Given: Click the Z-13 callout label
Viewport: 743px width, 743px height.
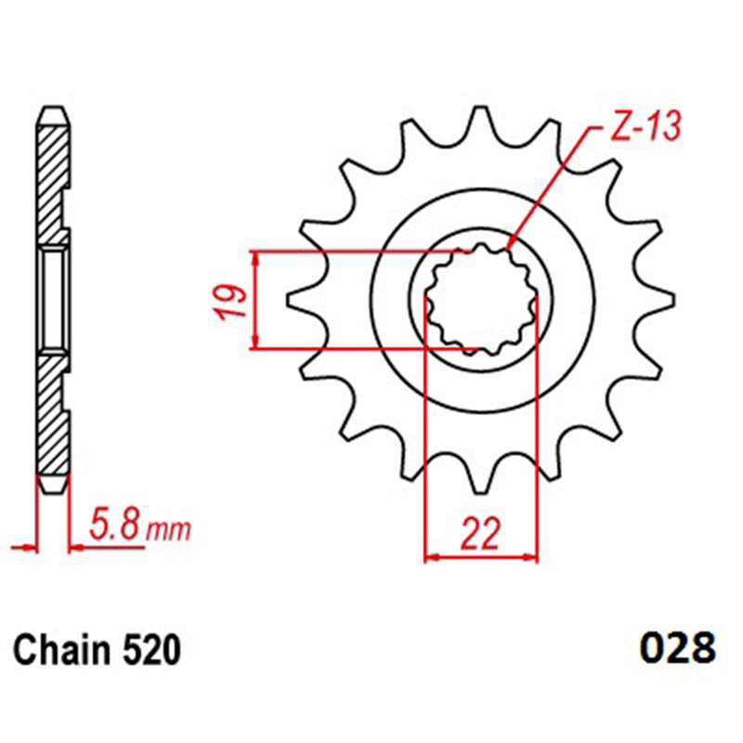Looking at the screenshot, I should coord(645,125).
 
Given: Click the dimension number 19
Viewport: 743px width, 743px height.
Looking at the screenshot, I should coord(233,301).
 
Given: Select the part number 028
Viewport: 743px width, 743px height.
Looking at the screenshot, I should coord(677,646).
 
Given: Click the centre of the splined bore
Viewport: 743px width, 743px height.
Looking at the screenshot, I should coord(481,299).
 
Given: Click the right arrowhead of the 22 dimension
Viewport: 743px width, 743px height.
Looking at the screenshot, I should coord(535,558).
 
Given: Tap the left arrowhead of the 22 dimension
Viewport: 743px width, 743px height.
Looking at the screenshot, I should coord(428,558).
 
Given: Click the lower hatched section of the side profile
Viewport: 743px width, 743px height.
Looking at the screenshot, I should coord(54,418).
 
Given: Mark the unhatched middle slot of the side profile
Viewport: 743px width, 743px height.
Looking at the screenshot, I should coord(54,299).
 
